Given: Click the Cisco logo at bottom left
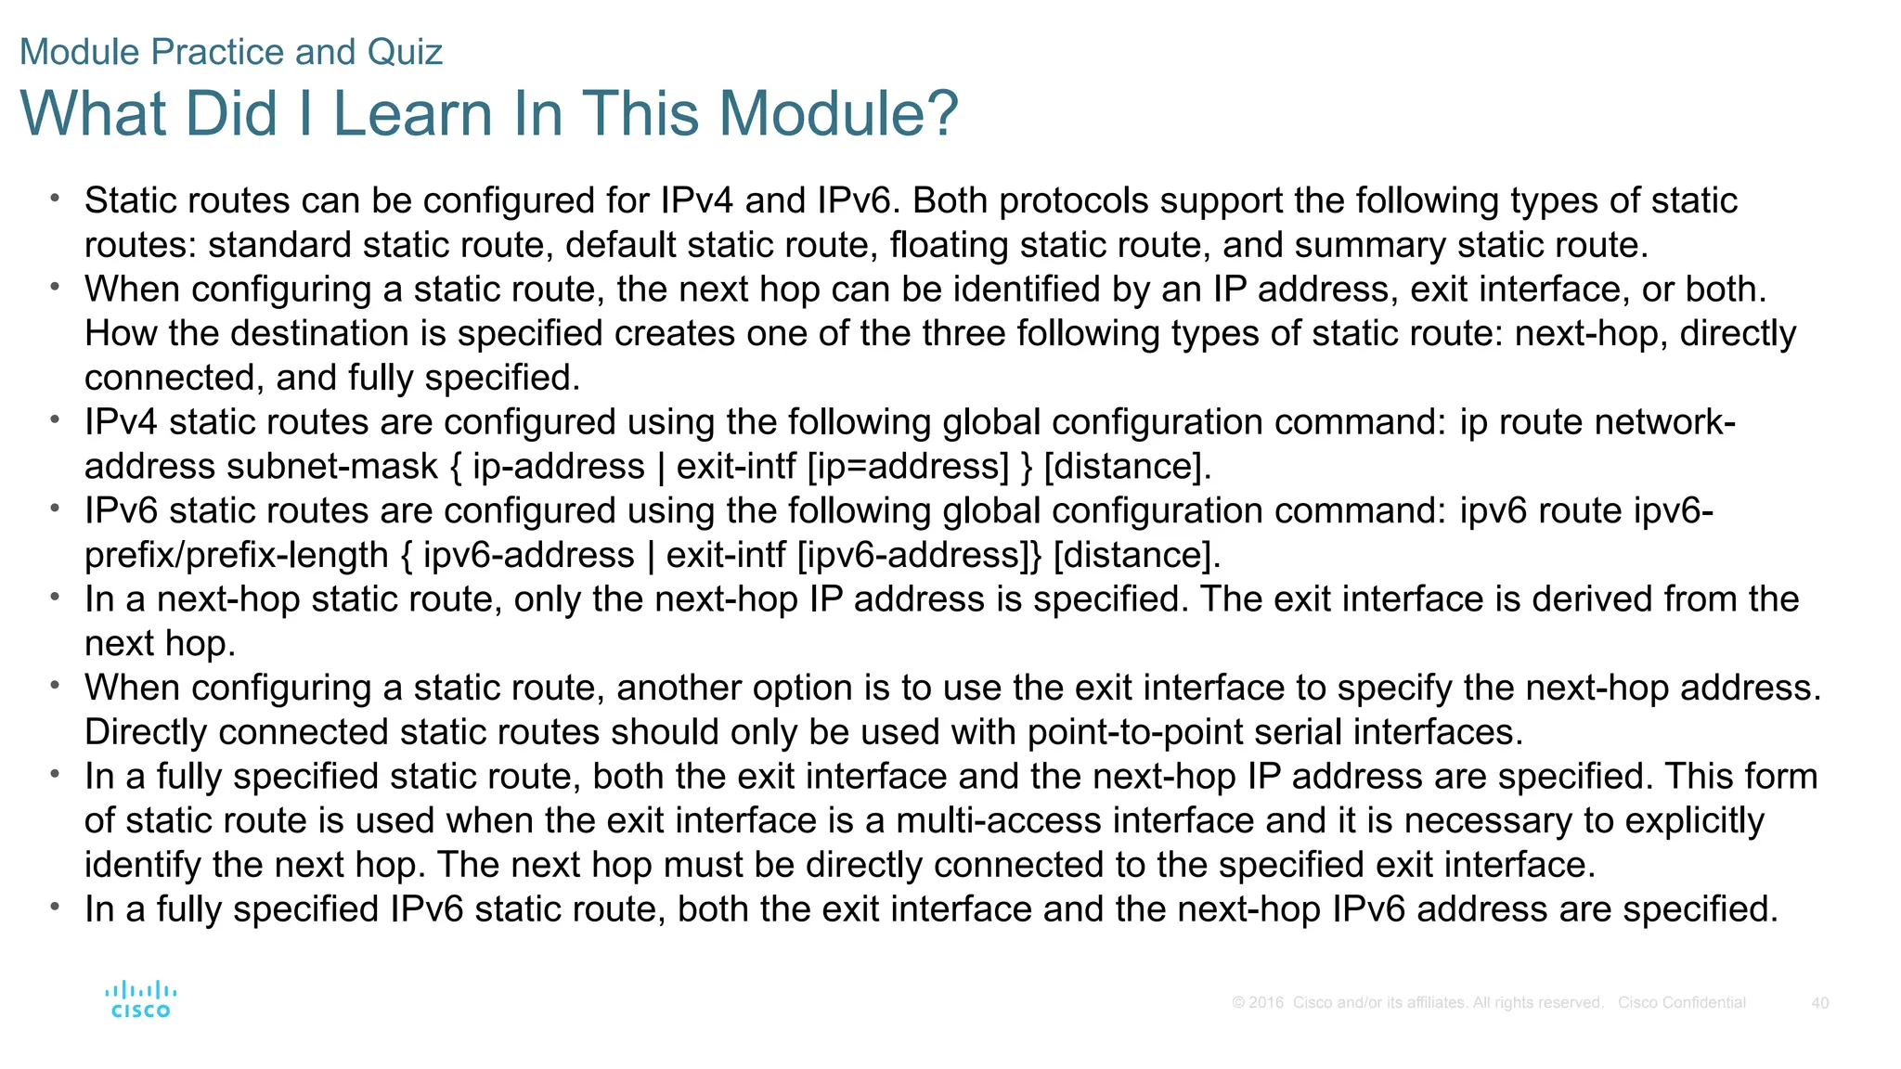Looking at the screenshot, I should [140, 999].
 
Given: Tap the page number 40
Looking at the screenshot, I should [1819, 1003].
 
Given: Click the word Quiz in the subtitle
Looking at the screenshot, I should [405, 52].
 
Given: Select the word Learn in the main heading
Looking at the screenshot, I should [412, 113].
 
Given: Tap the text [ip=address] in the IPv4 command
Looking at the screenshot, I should [908, 467].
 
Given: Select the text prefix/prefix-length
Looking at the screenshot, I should [237, 556].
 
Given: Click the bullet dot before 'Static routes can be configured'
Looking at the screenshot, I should [56, 197].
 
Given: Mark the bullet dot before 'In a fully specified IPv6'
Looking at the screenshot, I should [56, 905].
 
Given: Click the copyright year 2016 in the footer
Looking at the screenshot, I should [1266, 1003].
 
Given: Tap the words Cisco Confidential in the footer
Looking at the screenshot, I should [1681, 1003].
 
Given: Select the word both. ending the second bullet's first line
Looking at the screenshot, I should [1726, 290].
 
